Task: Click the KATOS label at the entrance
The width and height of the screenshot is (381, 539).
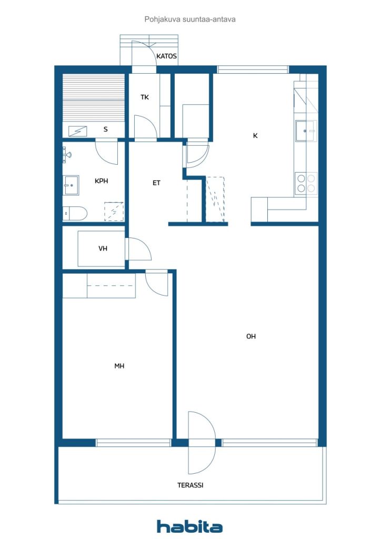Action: [x=166, y=56]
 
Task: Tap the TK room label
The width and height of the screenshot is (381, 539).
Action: [x=145, y=97]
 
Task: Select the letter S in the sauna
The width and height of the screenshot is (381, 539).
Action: [x=105, y=129]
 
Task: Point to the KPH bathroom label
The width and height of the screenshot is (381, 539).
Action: [x=101, y=181]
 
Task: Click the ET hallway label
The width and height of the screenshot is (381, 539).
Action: [x=156, y=183]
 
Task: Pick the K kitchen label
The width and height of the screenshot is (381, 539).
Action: [x=255, y=135]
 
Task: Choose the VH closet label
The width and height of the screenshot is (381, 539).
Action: [x=103, y=248]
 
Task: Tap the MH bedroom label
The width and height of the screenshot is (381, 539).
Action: [x=119, y=366]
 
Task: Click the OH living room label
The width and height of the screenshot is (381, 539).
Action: [x=251, y=336]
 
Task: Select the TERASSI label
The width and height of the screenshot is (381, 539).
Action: [x=190, y=485]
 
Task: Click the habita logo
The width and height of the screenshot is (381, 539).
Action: [x=189, y=526]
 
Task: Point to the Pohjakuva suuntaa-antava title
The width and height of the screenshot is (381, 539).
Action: [x=190, y=19]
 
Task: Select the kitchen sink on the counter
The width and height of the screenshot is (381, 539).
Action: [x=305, y=131]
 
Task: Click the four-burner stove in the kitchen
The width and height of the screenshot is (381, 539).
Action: [x=306, y=183]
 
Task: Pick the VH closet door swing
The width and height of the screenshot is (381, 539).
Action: [x=138, y=249]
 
